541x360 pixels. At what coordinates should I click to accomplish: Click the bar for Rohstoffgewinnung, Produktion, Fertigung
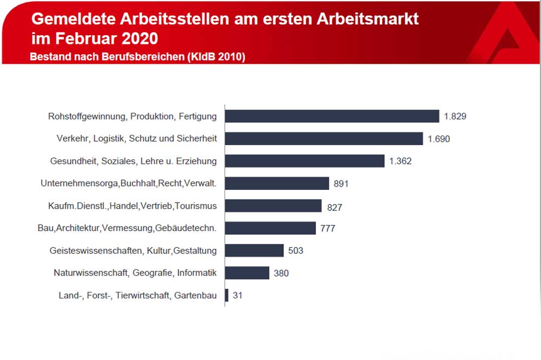tap(332, 116)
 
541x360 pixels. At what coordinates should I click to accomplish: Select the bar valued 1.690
tap(324, 138)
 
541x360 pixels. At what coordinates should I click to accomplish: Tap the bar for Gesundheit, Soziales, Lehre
tap(305, 161)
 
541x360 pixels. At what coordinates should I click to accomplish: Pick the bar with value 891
tap(277, 183)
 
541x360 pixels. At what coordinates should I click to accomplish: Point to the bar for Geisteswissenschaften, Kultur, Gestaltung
tap(254, 250)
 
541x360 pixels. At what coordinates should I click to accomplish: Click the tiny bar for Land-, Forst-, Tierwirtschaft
tap(227, 295)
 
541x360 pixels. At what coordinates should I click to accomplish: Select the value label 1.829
tap(455, 116)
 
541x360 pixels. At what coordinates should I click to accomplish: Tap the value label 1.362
tap(400, 161)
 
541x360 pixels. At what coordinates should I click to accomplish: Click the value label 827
tap(334, 206)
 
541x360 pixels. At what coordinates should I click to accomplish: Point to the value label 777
tap(328, 228)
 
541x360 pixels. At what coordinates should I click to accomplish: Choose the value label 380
tap(281, 273)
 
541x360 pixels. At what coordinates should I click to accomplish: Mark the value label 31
tap(237, 295)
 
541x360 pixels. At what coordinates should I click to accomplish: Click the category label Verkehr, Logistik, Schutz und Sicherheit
tap(136, 138)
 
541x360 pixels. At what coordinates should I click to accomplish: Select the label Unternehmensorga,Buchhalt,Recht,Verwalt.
tap(129, 183)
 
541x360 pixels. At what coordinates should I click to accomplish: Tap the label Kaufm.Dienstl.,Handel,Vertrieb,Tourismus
tap(133, 206)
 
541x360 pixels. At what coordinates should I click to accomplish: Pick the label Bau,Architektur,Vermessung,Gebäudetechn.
tap(127, 228)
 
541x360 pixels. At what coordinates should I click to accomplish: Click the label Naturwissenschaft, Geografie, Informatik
tap(135, 273)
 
